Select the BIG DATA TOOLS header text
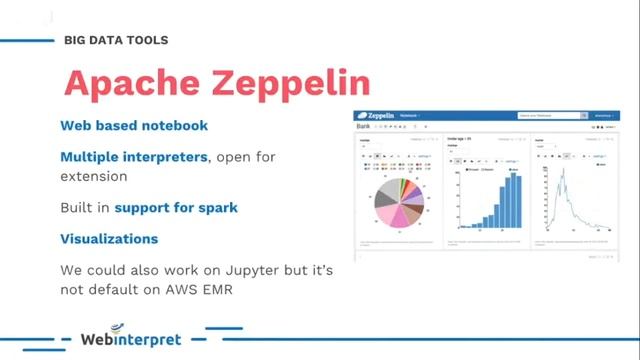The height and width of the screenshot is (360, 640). [x=115, y=40]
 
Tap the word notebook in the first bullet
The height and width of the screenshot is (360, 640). [x=174, y=126]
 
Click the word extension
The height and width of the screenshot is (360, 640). [x=93, y=176]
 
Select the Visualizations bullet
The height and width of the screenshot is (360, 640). [x=109, y=239]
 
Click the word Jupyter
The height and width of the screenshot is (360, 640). [x=218, y=270]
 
